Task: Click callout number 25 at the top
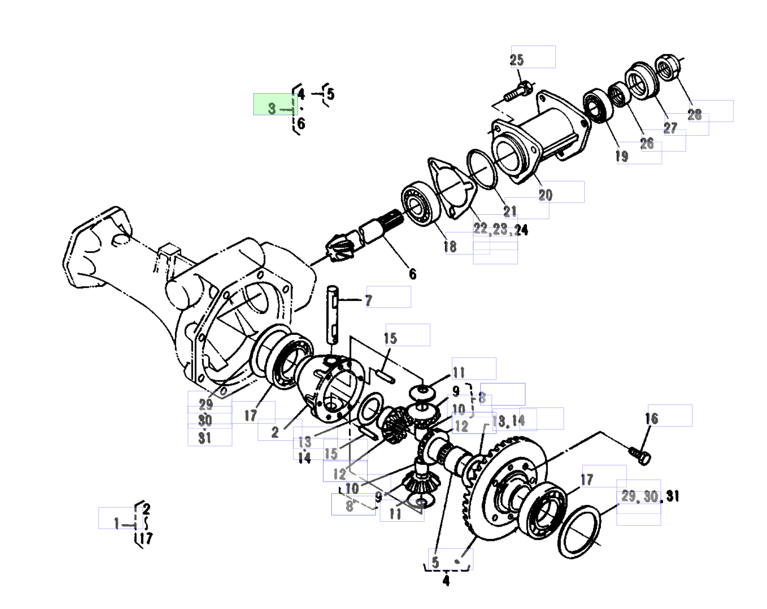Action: pyautogui.click(x=517, y=60)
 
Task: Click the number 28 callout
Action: pyautogui.click(x=694, y=115)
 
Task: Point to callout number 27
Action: pyautogui.click(x=670, y=127)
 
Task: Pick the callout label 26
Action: pyautogui.click(x=647, y=144)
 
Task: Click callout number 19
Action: pyautogui.click(x=622, y=156)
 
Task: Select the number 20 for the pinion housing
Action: pyautogui.click(x=545, y=195)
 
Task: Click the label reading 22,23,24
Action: pyautogui.click(x=501, y=229)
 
